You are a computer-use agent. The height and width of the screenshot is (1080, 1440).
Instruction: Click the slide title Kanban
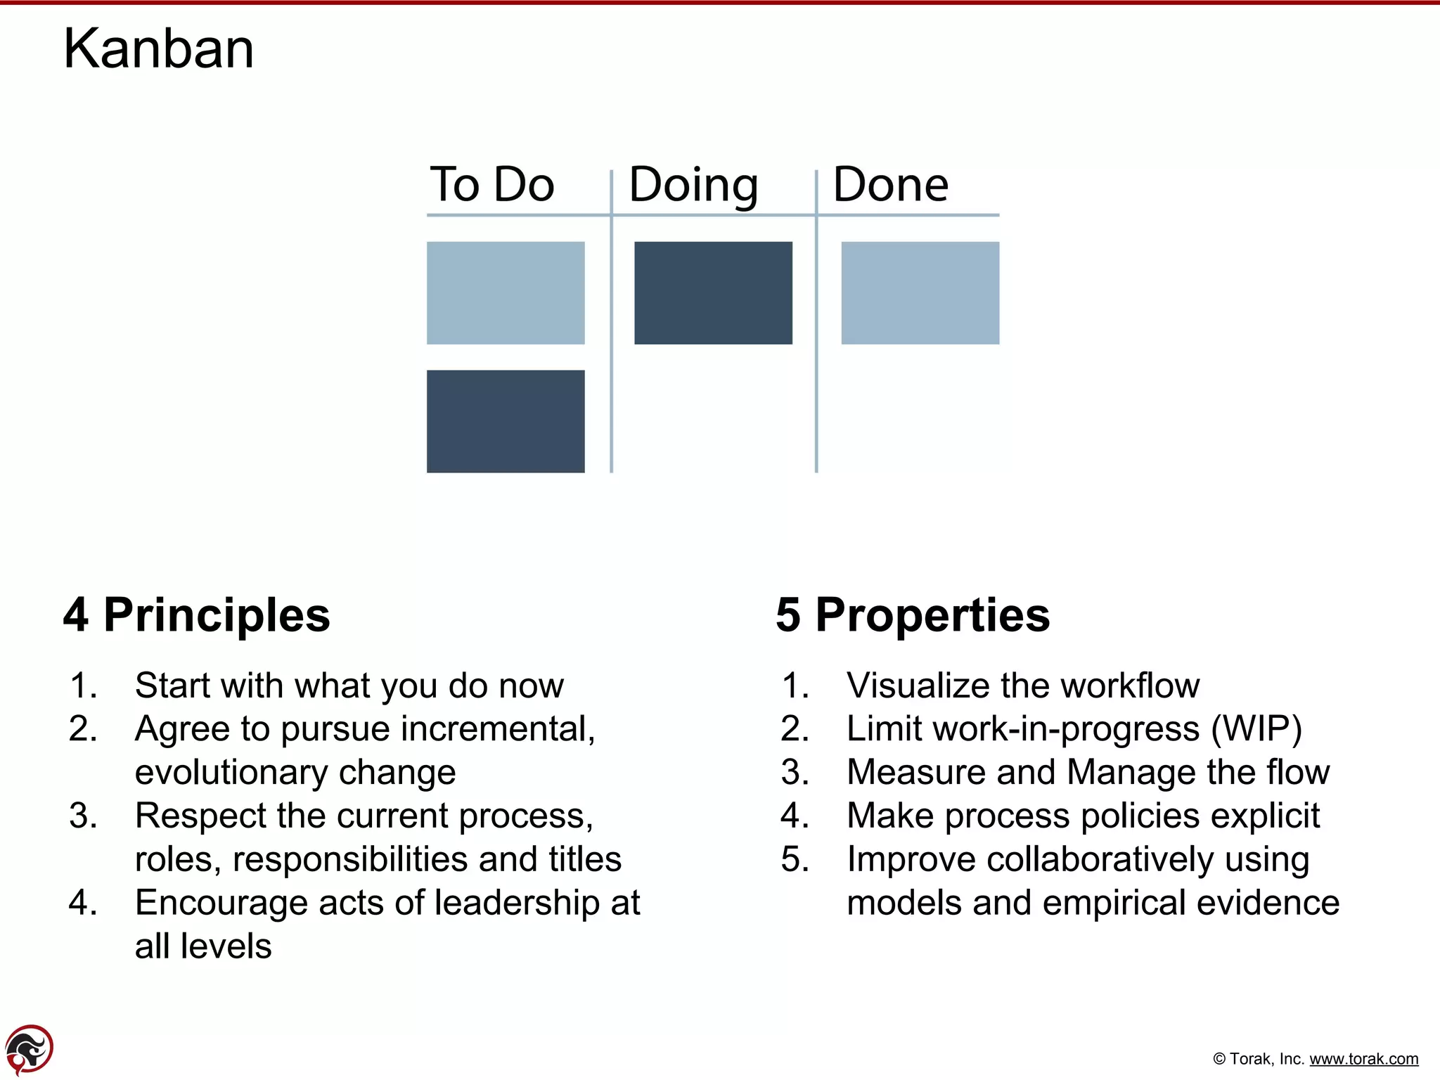pos(159,49)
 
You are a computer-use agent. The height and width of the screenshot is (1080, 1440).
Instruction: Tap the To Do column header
pos(492,184)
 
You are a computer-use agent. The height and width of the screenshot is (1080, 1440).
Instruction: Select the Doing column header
pos(693,186)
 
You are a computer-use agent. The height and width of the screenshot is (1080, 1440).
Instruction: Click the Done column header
pos(891,184)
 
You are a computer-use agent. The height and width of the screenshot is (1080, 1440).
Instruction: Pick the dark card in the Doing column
pos(713,292)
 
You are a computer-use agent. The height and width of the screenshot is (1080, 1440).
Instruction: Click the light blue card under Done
pos(920,292)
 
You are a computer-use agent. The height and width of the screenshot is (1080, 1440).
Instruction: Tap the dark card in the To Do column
pos(506,421)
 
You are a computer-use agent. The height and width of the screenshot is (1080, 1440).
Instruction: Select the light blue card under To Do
pos(506,292)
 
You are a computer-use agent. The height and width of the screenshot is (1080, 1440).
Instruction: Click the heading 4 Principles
pos(196,615)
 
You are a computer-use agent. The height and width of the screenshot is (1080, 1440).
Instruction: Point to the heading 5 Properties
pos(913,615)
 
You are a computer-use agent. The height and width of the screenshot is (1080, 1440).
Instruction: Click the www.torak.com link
pos(1363,1059)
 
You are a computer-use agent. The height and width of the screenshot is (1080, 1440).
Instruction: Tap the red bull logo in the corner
pos(29,1049)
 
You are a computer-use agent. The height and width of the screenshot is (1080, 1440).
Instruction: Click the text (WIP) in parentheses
pos(1256,729)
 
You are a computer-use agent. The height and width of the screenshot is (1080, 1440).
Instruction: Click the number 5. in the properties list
pos(795,859)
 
